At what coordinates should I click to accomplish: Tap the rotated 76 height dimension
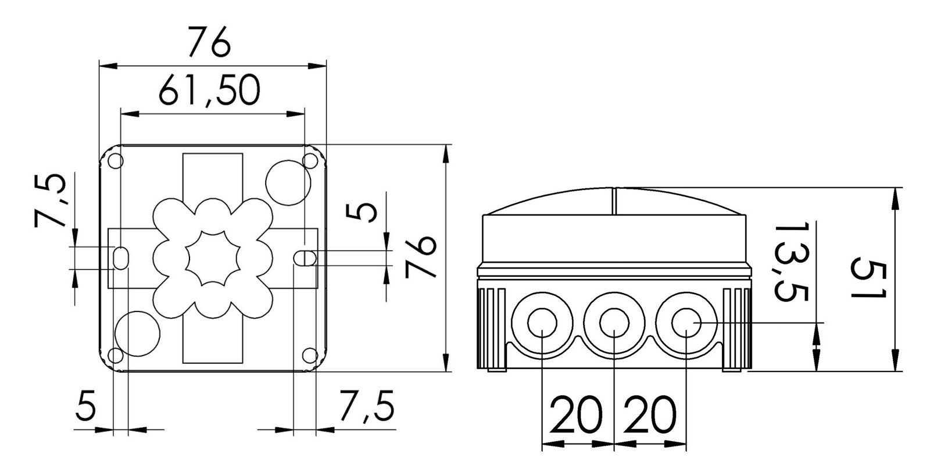[421, 257]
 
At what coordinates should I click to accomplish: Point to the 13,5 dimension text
[792, 262]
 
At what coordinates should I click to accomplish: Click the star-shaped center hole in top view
[213, 257]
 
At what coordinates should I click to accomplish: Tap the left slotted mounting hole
[121, 258]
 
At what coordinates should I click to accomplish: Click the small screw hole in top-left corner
[115, 161]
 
